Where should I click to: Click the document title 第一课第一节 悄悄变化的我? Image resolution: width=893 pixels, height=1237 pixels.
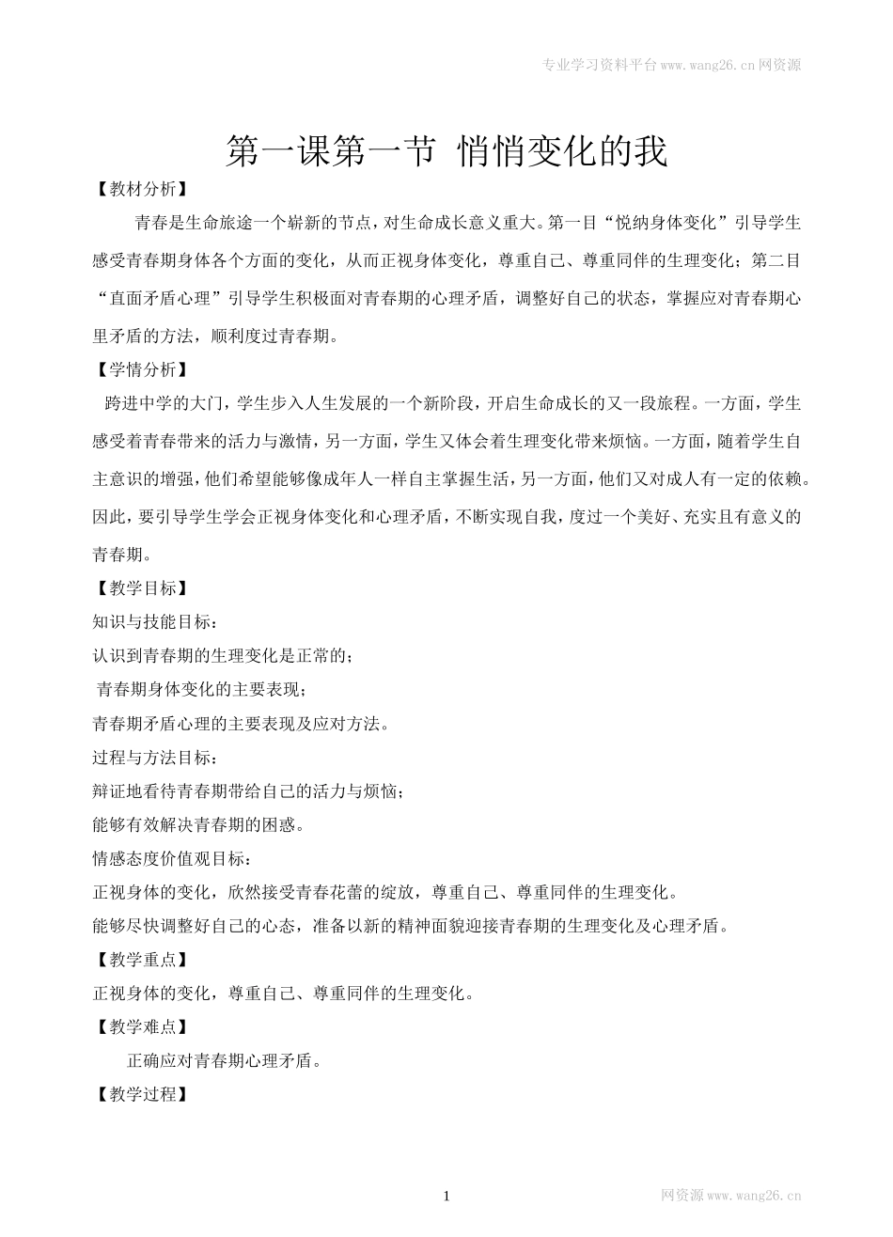pyautogui.click(x=446, y=151)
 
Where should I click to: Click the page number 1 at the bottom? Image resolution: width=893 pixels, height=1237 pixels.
pyautogui.click(x=446, y=1196)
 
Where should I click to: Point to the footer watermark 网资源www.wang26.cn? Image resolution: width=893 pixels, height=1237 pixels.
pyautogui.click(x=730, y=1196)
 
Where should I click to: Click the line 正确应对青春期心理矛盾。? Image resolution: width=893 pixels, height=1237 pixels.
pyautogui.click(x=226, y=1061)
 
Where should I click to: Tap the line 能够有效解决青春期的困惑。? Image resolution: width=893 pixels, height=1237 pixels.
pyautogui.click(x=197, y=825)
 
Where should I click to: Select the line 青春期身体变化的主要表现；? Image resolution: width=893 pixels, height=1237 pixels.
pyautogui.click(x=201, y=690)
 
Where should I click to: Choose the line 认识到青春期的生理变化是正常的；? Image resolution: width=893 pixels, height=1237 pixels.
pyautogui.click(x=224, y=656)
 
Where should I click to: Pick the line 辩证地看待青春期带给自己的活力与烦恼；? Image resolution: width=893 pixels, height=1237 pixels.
pyautogui.click(x=249, y=791)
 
